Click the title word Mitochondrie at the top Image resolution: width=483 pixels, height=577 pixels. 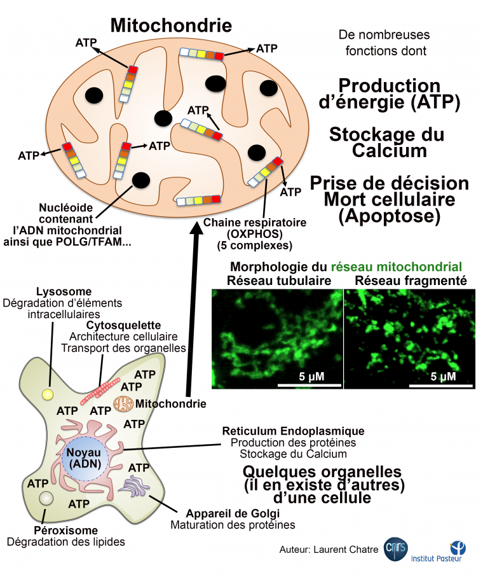coord(170,25)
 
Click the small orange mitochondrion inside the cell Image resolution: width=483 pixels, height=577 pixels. coord(124,403)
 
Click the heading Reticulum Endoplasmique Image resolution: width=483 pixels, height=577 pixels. coord(293,431)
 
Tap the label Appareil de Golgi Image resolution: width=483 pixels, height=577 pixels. coord(232,513)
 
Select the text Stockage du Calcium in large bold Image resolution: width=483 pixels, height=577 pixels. coord(386,143)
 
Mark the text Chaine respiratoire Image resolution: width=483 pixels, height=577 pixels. coord(255,223)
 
